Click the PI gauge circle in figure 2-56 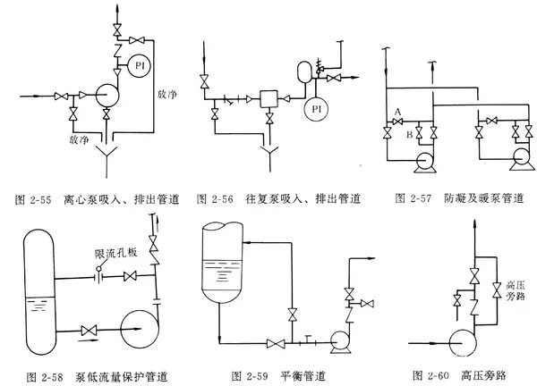click(x=314, y=110)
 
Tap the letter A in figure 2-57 click(x=397, y=110)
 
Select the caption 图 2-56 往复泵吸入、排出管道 click(x=277, y=198)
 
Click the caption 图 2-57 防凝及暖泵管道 click(x=456, y=198)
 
